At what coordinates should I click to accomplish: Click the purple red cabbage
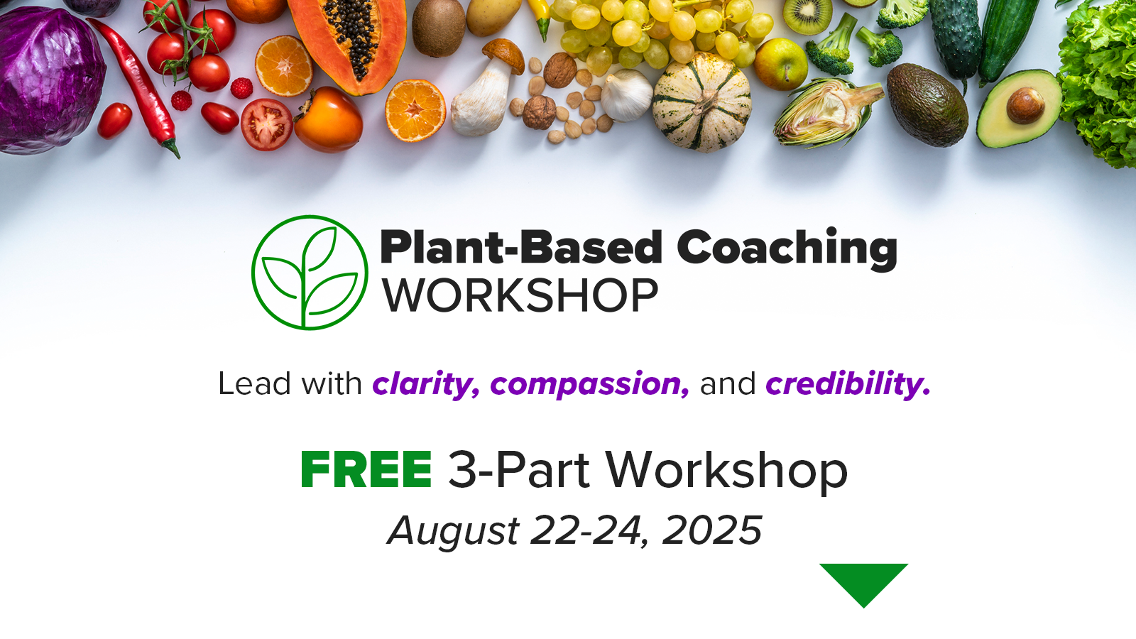tap(48, 79)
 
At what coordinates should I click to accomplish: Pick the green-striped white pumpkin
tap(702, 102)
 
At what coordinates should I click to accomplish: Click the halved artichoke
tap(826, 113)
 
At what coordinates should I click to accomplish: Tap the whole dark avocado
tap(927, 105)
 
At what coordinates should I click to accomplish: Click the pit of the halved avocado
tap(1025, 106)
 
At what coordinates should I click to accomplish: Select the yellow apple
tap(780, 65)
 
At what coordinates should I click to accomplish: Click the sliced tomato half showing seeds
tap(266, 125)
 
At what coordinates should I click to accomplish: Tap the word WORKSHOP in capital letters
tap(520, 295)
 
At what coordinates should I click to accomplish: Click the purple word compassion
tap(590, 384)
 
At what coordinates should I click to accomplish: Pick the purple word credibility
tap(848, 384)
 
